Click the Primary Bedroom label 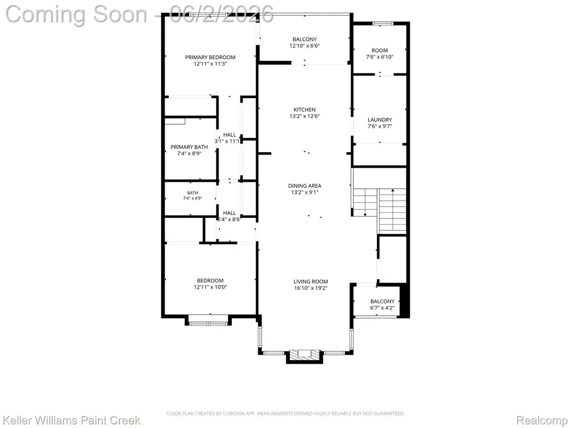(210, 57)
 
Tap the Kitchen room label (304, 110)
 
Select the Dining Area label (304, 186)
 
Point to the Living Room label (311, 281)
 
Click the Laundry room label (379, 120)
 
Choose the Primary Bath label (189, 147)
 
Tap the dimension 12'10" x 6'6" (304, 46)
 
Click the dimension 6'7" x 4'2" (383, 308)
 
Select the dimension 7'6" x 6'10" (379, 57)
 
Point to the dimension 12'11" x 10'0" (210, 287)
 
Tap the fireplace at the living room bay (304, 356)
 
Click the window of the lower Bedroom (208, 323)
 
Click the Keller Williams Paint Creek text (71, 420)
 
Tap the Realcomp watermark (542, 420)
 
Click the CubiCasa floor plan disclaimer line (285, 414)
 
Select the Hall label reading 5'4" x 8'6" (229, 216)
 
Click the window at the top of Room (383, 23)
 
